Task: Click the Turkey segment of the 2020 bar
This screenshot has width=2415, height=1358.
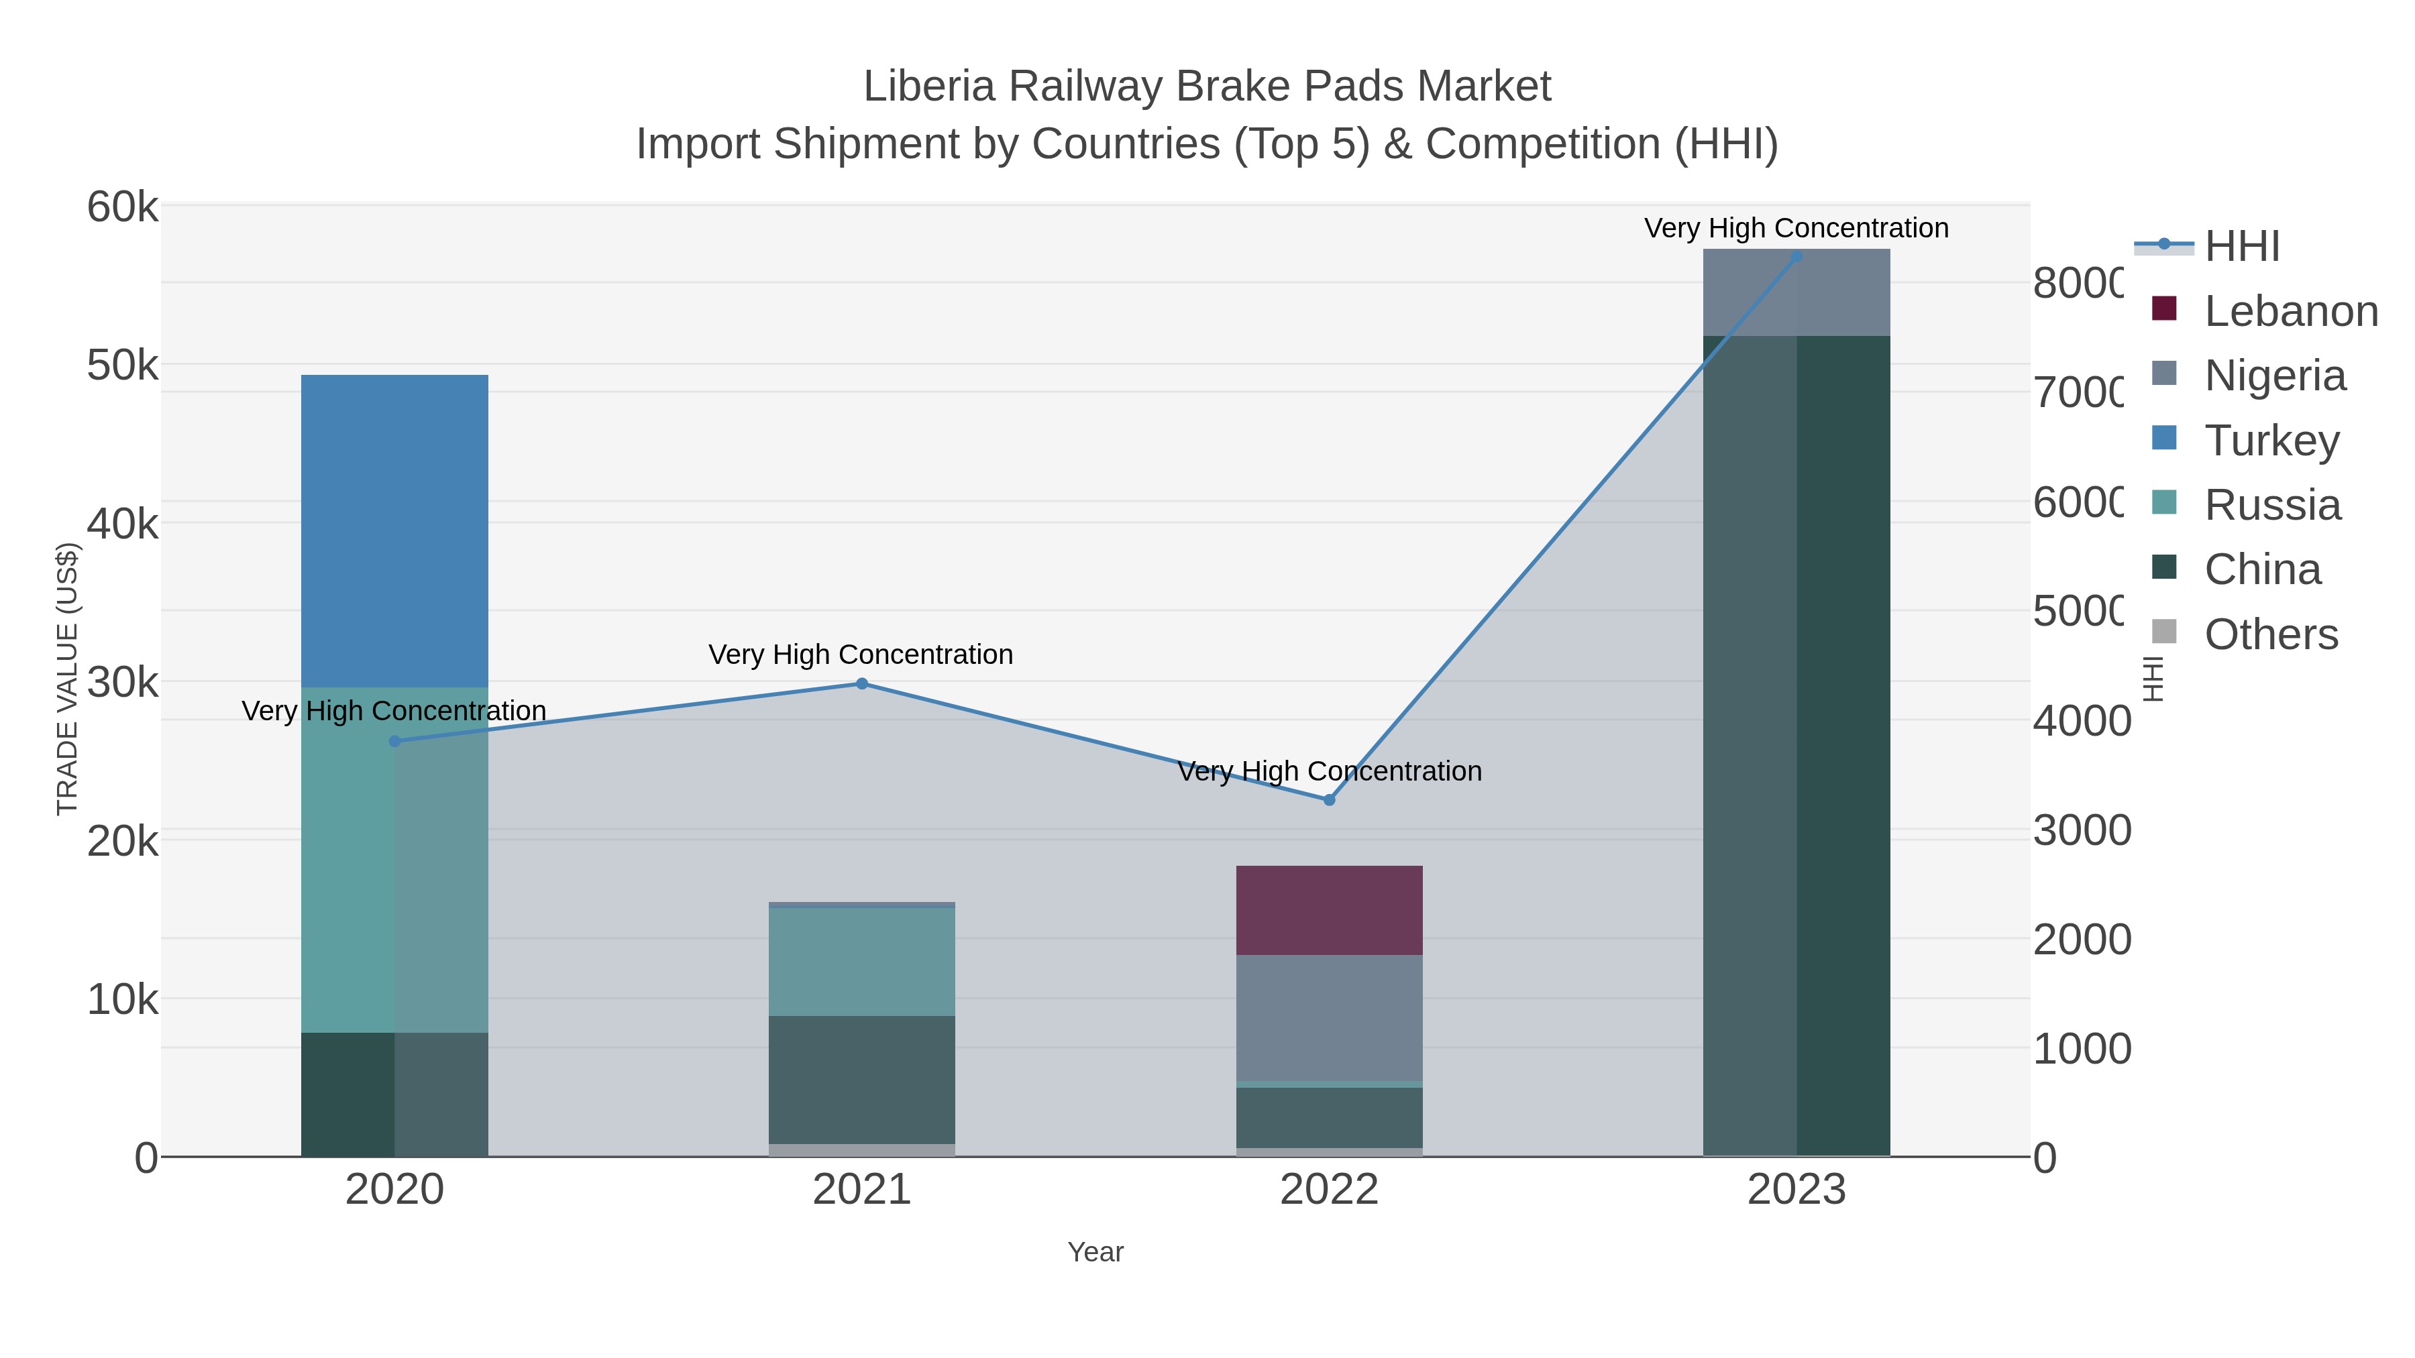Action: click(394, 530)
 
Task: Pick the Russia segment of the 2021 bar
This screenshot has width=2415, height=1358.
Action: click(861, 962)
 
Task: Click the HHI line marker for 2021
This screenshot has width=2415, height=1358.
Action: click(861, 684)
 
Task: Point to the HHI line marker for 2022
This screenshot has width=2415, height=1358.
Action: click(1328, 799)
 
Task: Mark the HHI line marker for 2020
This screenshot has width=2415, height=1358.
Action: click(394, 741)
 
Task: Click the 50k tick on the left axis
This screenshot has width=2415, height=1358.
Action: click(123, 365)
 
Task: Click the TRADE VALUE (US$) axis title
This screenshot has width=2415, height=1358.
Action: click(68, 679)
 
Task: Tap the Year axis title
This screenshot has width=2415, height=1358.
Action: click(1095, 1252)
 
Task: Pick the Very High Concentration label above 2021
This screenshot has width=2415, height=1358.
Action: click(861, 654)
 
